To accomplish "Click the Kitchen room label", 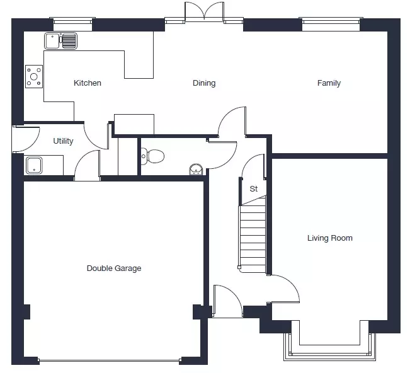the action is pyautogui.click(x=88, y=83).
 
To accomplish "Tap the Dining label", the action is pyautogui.click(x=204, y=83).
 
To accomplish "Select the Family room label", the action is pyautogui.click(x=329, y=83).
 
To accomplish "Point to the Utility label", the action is pyautogui.click(x=63, y=141).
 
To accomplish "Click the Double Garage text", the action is pyautogui.click(x=114, y=268).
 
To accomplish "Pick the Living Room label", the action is pyautogui.click(x=330, y=238).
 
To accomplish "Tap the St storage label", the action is pyautogui.click(x=254, y=188).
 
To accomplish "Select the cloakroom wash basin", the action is pyautogui.click(x=196, y=170).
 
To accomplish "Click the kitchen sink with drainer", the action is pyautogui.click(x=60, y=41).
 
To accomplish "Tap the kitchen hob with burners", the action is pyautogui.click(x=34, y=76).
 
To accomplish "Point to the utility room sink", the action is pyautogui.click(x=34, y=165).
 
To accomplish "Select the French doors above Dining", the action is pyautogui.click(x=204, y=12).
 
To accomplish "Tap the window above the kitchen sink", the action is pyautogui.click(x=73, y=21).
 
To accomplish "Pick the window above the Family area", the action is pyautogui.click(x=331, y=21).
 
